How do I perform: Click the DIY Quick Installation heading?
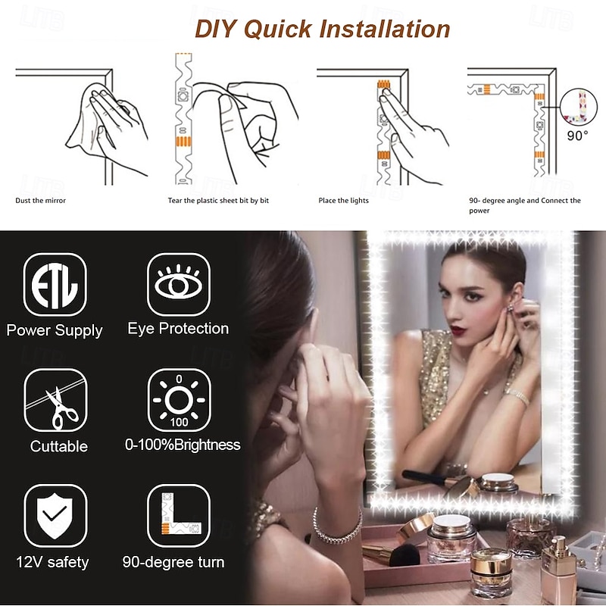pos(323,29)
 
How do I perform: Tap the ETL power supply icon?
pos(55,285)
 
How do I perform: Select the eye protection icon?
pos(179,285)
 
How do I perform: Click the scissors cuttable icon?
pos(55,400)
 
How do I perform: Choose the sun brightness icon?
pos(179,400)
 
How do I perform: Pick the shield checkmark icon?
pos(55,516)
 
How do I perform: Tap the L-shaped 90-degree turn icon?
pos(179,516)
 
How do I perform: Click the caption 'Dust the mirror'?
pos(41,201)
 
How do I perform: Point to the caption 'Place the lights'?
pos(344,201)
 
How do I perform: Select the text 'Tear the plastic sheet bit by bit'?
pos(218,201)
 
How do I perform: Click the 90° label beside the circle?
pos(577,136)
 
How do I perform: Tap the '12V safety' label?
pos(52,562)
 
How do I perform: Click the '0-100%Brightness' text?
pos(183,445)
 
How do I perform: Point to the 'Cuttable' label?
pos(59,446)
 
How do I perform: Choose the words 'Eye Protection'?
pos(178,329)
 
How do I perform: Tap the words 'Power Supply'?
pos(55,330)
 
